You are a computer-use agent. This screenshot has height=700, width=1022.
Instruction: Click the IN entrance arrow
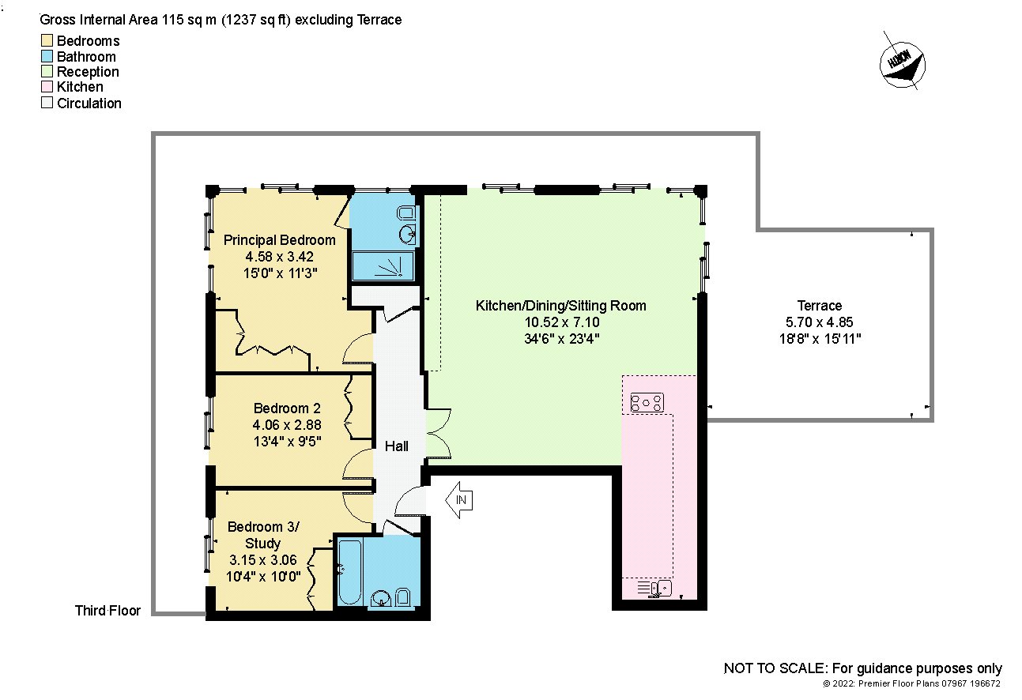[x=459, y=500]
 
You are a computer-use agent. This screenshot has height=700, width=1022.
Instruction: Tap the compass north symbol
[x=902, y=66]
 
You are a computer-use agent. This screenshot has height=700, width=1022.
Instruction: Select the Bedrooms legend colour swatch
[x=47, y=40]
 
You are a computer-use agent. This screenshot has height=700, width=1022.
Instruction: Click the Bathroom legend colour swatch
[x=47, y=56]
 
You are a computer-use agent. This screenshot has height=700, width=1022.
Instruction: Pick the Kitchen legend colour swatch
[x=47, y=87]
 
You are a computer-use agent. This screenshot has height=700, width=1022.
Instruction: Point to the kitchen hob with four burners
[x=647, y=403]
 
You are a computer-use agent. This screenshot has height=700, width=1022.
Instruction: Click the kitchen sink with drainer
[x=654, y=589]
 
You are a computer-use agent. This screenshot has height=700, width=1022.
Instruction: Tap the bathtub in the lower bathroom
[x=350, y=571]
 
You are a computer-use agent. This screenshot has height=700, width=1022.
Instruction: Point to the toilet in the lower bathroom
[x=402, y=597]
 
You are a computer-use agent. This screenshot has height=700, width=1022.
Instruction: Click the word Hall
[x=396, y=446]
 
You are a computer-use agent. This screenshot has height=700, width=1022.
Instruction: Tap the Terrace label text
[x=820, y=305]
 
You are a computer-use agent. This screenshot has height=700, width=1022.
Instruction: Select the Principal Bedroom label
[x=279, y=240]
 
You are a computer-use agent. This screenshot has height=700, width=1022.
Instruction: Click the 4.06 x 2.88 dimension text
[x=287, y=424]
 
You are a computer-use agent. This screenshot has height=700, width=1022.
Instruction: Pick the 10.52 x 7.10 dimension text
[x=562, y=322]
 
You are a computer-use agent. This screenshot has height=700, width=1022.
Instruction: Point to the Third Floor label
[x=107, y=610]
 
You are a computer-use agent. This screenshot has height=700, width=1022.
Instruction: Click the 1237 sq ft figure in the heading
[x=256, y=20]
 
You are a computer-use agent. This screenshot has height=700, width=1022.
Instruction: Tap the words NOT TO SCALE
[x=775, y=668]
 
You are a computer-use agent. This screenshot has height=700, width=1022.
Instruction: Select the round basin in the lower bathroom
[x=380, y=597]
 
